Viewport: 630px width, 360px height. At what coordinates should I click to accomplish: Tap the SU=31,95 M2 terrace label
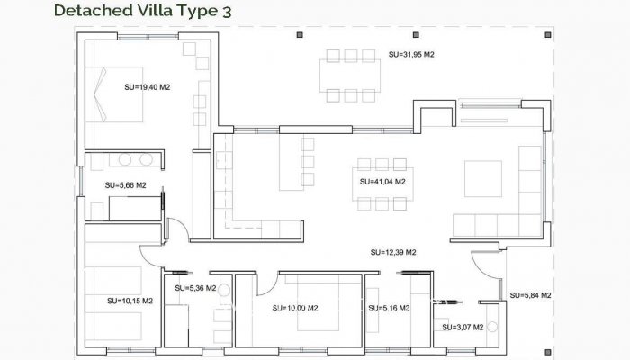click(x=411, y=55)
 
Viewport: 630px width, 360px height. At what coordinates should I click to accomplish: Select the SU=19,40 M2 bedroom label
click(x=148, y=87)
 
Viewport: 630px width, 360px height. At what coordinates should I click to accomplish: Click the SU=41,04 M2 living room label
click(x=382, y=182)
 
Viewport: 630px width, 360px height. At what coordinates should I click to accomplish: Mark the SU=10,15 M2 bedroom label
click(x=130, y=301)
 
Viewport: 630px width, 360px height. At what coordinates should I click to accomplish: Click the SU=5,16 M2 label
click(x=389, y=308)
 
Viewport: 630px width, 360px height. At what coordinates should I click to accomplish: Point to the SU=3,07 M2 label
click(x=463, y=327)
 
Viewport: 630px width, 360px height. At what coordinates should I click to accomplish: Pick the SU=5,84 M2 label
click(x=530, y=295)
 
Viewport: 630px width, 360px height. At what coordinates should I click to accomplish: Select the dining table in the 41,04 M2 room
click(x=382, y=184)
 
